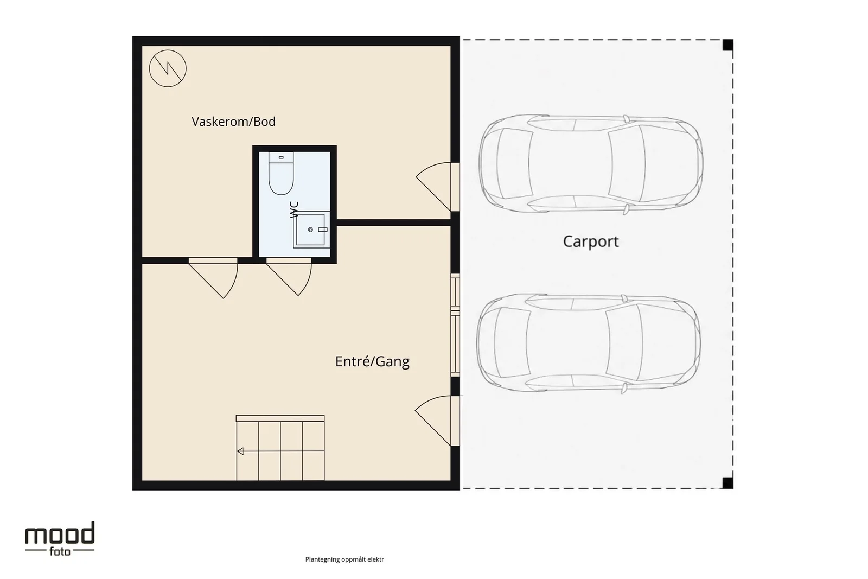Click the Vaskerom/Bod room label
234,122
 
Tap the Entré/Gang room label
372,361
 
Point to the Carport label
591,241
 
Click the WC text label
295,209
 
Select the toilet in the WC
281,173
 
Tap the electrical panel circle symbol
168,68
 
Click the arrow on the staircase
280,451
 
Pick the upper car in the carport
591,164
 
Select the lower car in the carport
588,343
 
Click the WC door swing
289,277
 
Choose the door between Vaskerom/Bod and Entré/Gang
213,278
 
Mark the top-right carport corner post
727,45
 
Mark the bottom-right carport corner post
727,483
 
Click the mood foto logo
60,539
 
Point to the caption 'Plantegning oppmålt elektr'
344,559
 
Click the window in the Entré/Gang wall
455,325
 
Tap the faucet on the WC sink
323,230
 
